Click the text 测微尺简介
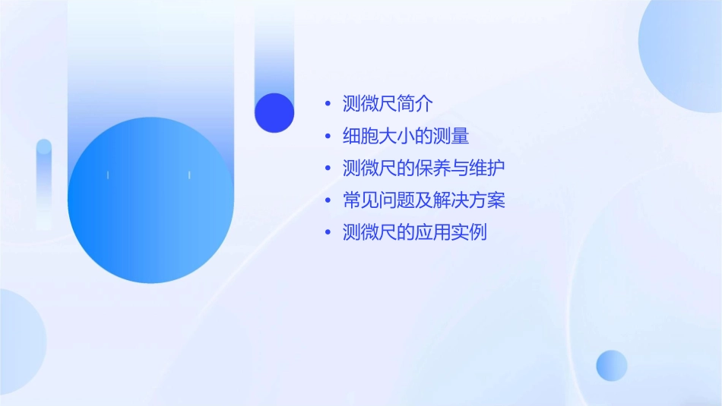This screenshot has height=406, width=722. coord(388,104)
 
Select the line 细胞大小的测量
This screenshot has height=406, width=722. coord(406,137)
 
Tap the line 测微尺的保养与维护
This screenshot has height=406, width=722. coord(424,168)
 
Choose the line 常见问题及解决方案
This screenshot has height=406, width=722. coord(424,200)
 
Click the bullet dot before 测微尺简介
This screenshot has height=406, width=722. coord(328,104)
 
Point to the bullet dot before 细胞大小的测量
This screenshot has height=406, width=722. coord(328,137)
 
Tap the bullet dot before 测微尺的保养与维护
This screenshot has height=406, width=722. coord(328,168)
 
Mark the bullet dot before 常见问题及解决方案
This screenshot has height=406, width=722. coord(328,201)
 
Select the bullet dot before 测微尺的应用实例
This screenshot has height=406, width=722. coord(328,233)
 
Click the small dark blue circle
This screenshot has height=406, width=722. coord(274,112)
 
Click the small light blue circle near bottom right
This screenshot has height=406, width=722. coord(612,365)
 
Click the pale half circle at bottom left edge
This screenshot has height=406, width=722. coord(19,341)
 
